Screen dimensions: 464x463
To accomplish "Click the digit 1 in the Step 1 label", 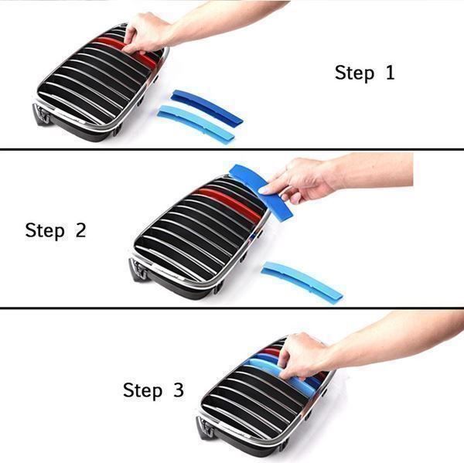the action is tap(391, 73).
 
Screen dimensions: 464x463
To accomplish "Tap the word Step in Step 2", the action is tap(45, 231).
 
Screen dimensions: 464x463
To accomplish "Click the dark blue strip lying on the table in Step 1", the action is tap(206, 106).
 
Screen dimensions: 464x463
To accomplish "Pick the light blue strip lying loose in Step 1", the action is tap(196, 122).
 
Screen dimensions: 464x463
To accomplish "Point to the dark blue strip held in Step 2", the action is tap(261, 191).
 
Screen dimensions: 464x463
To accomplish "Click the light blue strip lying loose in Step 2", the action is tap(302, 280).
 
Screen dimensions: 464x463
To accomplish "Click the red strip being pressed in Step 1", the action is tap(128, 49).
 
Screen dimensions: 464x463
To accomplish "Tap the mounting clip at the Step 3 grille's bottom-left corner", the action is tap(205, 427).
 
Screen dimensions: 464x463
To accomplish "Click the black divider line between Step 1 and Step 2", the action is tap(232, 149).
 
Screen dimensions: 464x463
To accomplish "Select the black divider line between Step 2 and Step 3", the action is tap(232, 308).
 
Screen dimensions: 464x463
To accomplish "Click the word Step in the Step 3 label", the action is tap(142, 390).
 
